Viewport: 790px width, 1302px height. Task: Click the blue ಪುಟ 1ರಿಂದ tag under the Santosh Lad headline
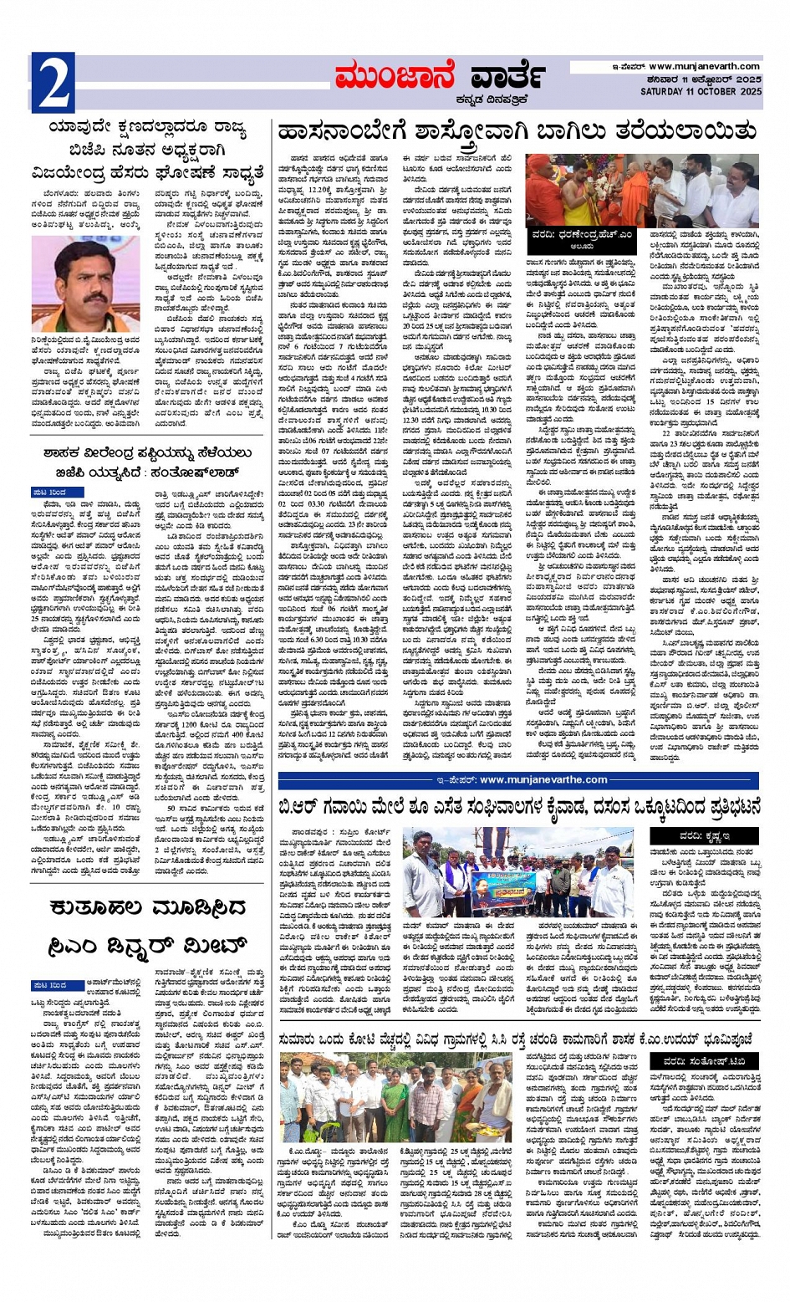click(50, 491)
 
